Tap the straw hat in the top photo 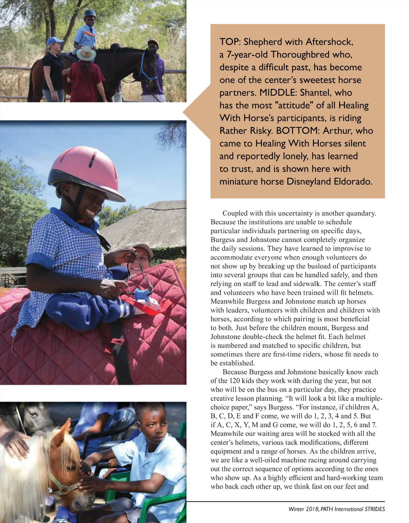click(x=86, y=53)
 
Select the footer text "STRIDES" click(x=375, y=509)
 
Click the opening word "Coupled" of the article click(x=235, y=213)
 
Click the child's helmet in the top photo click(x=90, y=13)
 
